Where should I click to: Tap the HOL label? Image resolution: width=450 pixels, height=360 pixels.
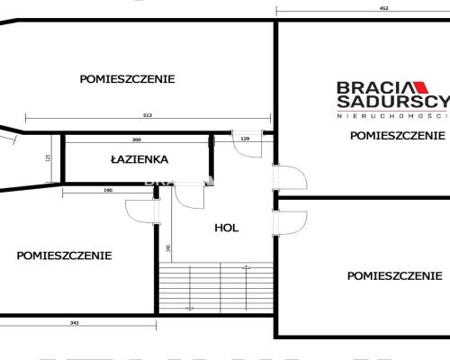click(226, 228)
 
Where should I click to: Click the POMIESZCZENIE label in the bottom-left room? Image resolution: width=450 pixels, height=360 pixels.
click(64, 255)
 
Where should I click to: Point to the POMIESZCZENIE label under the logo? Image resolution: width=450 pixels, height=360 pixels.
click(398, 136)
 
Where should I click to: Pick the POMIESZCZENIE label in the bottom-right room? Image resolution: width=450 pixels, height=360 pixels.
click(394, 275)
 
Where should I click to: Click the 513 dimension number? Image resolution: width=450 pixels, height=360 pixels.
click(148, 115)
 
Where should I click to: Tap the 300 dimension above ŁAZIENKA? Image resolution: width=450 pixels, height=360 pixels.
click(136, 139)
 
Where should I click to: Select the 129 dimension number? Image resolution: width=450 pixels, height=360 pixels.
click(245, 139)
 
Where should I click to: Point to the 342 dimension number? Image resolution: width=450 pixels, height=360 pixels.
click(76, 322)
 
